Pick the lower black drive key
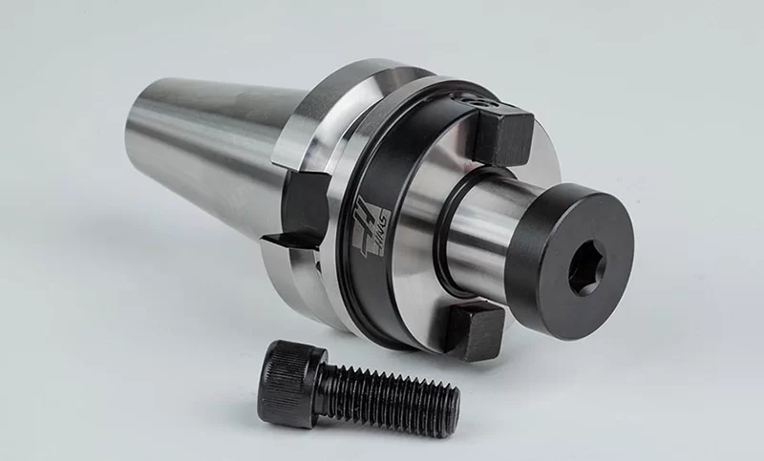(x=475, y=329)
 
